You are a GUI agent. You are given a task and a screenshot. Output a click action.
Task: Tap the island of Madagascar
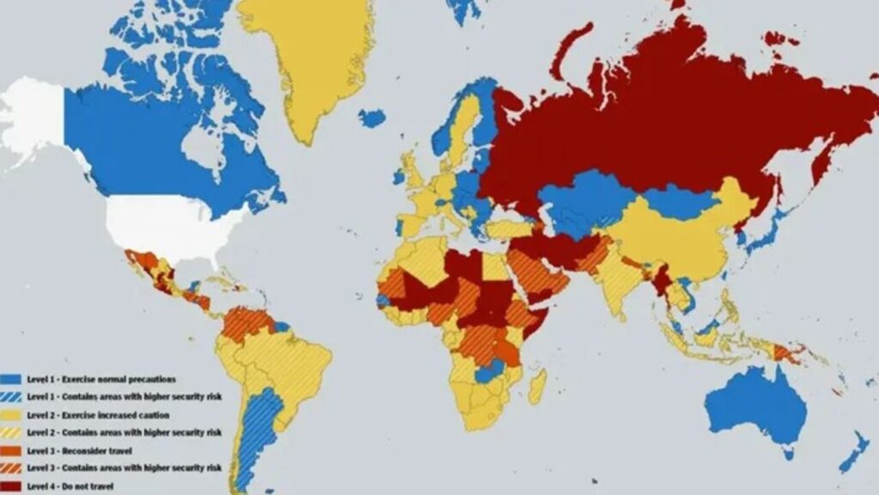pos(536,387)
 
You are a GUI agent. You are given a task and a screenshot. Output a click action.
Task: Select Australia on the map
pos(755,404)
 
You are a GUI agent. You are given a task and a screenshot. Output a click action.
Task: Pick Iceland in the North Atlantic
pos(372,118)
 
